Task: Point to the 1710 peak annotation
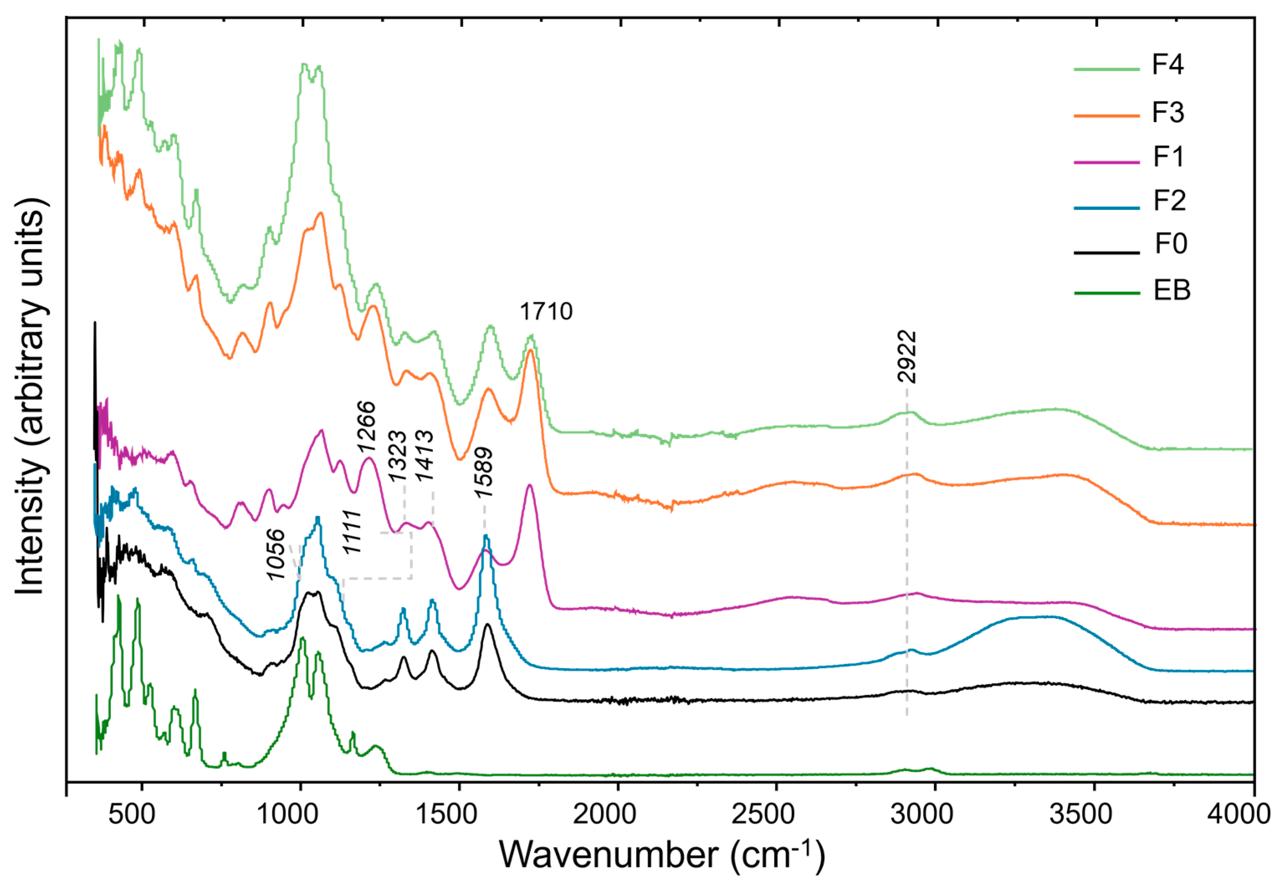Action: [x=546, y=311]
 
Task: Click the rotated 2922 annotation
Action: [x=906, y=357]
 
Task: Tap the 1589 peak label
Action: [x=483, y=472]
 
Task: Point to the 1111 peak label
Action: [x=352, y=532]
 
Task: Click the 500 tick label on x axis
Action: [x=132, y=814]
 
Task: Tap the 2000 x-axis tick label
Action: [x=604, y=814]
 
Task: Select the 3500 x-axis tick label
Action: [x=1080, y=814]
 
